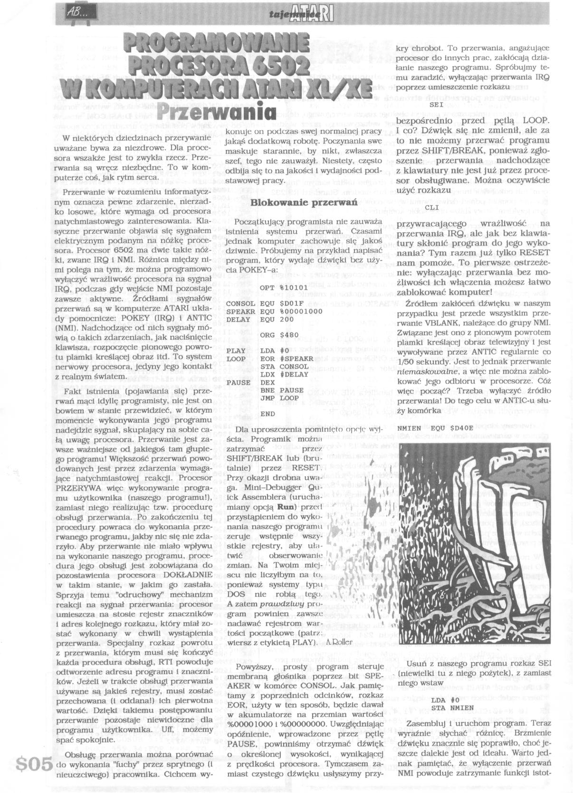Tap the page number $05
[x=34, y=764]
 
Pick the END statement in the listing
[x=267, y=414]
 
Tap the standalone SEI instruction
[x=437, y=104]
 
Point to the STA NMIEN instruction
[x=453, y=707]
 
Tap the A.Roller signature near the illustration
[x=340, y=641]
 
